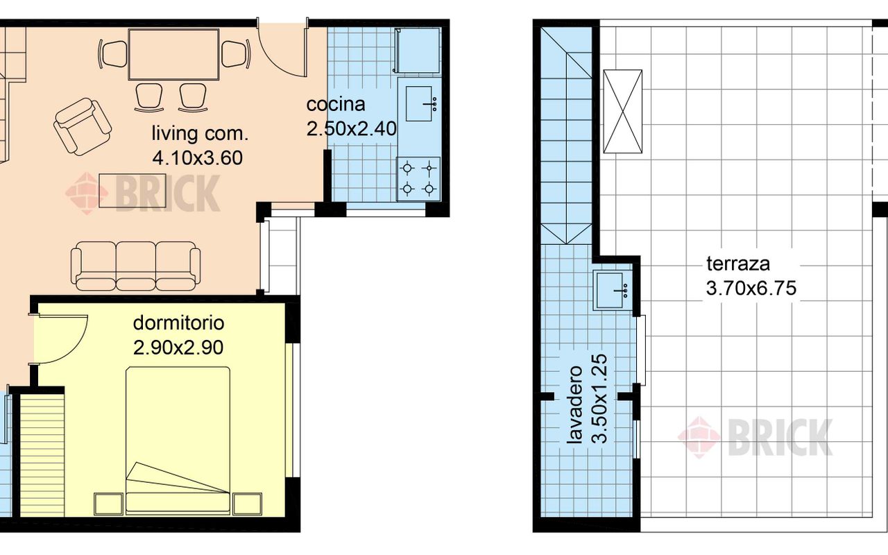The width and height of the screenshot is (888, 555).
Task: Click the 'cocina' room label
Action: (x=336, y=104)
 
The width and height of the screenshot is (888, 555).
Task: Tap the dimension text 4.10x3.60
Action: (x=198, y=157)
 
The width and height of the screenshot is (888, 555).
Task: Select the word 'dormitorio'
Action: (x=178, y=323)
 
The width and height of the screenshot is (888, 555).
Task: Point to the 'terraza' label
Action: (x=737, y=264)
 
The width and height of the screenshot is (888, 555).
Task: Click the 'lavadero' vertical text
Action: (x=574, y=404)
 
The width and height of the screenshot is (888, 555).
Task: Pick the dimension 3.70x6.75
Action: (x=751, y=288)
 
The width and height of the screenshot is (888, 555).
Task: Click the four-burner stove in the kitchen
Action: (x=418, y=179)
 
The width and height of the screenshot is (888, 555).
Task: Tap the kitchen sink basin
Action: (x=418, y=104)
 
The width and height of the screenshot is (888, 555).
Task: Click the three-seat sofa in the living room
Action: (x=135, y=266)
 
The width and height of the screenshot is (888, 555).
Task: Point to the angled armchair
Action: (x=83, y=127)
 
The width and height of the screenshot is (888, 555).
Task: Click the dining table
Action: (x=173, y=54)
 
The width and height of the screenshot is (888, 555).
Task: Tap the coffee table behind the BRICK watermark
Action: (x=133, y=190)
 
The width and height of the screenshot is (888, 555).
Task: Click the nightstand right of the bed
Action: (x=247, y=504)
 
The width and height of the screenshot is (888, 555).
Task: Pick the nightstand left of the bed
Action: (x=108, y=504)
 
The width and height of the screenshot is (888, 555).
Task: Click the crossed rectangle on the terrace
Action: (x=622, y=112)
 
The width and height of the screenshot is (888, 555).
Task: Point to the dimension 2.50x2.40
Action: (x=352, y=129)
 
